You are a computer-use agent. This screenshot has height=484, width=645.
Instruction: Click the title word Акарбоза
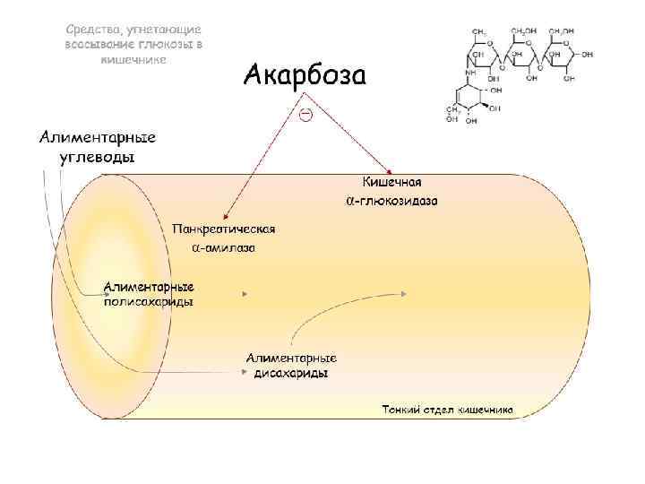[305, 73]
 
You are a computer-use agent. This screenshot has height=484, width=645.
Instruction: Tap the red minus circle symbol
[305, 115]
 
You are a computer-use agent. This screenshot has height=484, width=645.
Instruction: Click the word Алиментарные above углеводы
[98, 137]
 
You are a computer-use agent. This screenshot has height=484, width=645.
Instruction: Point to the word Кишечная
[391, 183]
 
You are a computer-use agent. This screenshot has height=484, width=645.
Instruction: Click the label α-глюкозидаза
[391, 201]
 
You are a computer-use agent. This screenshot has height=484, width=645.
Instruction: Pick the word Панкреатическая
[224, 229]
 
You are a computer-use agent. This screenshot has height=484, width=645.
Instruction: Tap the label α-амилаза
[224, 246]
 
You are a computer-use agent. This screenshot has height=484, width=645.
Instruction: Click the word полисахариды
[149, 302]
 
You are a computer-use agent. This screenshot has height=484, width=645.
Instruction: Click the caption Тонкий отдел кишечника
[447, 410]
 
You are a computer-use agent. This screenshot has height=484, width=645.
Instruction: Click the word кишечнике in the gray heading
[133, 57]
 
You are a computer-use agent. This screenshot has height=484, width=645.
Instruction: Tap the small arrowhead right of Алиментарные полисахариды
[245, 293]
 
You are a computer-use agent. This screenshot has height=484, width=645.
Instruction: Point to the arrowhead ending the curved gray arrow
[408, 293]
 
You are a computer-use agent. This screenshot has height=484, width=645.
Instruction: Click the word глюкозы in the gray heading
[163, 44]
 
